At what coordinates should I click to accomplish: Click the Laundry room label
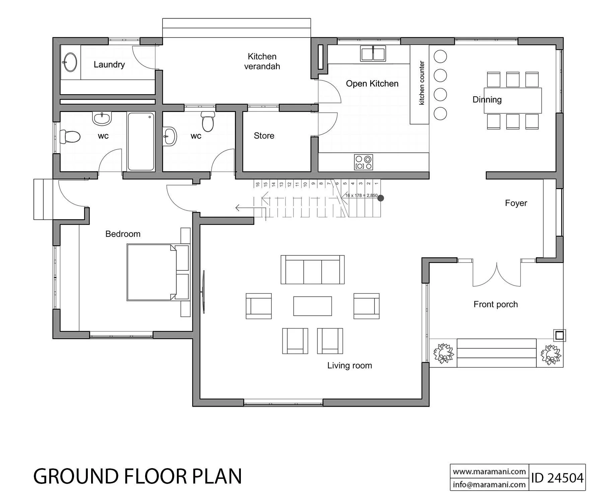[109, 65]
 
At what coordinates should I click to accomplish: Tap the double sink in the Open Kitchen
[373, 54]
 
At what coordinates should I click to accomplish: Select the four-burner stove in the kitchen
[363, 162]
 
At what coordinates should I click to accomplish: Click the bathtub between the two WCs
[141, 142]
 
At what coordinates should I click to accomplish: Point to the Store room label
[264, 136]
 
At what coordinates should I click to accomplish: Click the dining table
[513, 100]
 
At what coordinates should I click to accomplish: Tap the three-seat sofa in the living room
[313, 270]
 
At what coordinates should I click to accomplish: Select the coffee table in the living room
[313, 306]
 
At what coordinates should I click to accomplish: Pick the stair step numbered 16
[258, 184]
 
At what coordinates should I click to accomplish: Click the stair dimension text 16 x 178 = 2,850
[361, 195]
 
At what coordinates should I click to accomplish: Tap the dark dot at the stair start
[381, 198]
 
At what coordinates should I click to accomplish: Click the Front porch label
[496, 304]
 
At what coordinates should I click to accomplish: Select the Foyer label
[516, 203]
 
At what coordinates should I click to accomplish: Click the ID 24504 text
[557, 478]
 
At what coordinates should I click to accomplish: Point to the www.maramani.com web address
[489, 471]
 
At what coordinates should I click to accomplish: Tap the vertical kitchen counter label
[422, 83]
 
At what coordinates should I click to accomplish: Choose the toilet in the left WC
[70, 137]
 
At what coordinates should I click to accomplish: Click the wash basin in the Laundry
[70, 62]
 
